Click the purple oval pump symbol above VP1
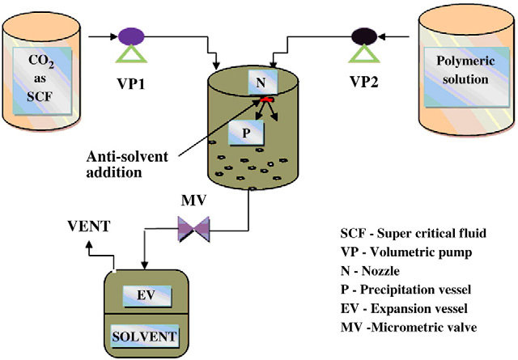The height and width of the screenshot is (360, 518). [130, 36]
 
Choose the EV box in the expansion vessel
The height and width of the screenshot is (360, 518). [146, 297]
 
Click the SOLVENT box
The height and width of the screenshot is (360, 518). [146, 333]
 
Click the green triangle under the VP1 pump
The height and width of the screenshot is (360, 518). [130, 57]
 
